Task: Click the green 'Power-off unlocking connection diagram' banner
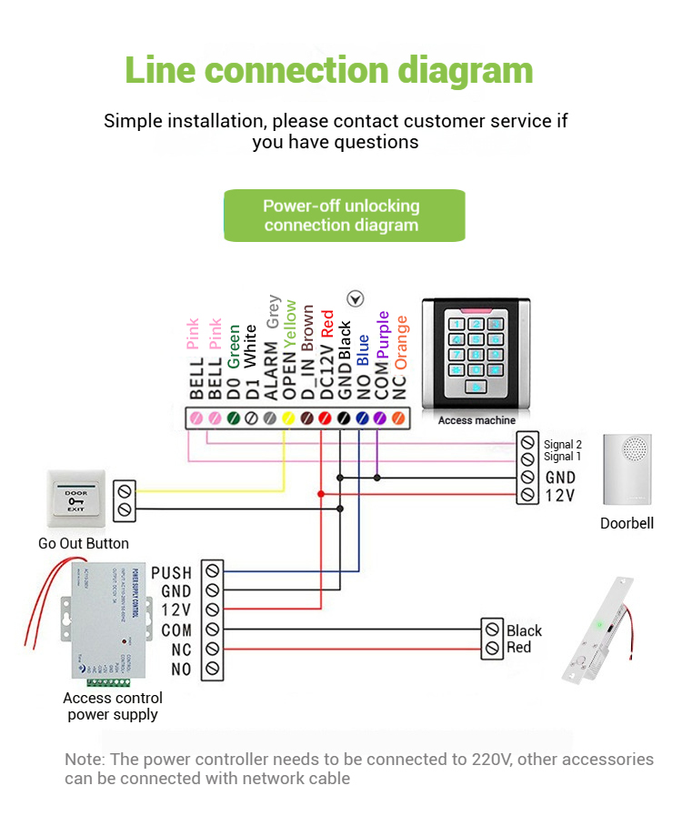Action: pyautogui.click(x=344, y=216)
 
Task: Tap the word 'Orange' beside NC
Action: pyautogui.click(x=401, y=342)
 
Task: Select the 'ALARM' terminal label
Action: pyautogui.click(x=270, y=371)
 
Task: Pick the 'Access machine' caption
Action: pyautogui.click(x=476, y=420)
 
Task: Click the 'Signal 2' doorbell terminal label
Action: pyautogui.click(x=562, y=444)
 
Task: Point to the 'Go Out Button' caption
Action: pyautogui.click(x=84, y=544)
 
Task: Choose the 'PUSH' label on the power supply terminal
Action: pyautogui.click(x=172, y=573)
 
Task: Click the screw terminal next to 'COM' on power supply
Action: pyautogui.click(x=212, y=630)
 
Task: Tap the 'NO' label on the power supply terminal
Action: pyautogui.click(x=181, y=670)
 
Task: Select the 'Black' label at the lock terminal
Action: pyautogui.click(x=525, y=630)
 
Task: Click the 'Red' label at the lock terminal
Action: pyautogui.click(x=519, y=648)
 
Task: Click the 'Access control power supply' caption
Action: pyautogui.click(x=113, y=706)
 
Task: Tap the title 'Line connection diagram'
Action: pyautogui.click(x=328, y=71)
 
